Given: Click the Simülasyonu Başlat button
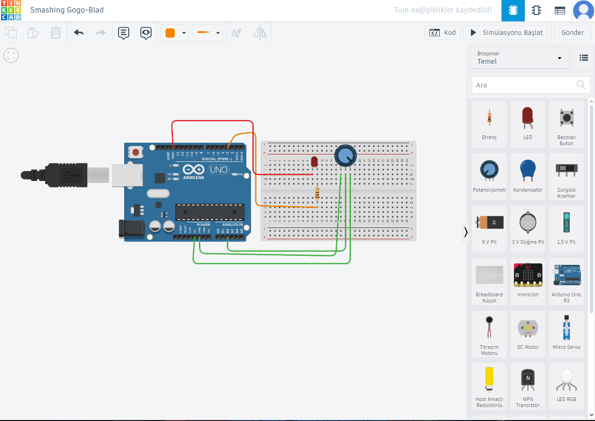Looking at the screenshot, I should point(506,33).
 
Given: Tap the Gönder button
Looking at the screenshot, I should point(572,33).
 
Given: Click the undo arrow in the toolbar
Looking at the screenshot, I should point(79,33).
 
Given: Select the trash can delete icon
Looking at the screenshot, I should point(56,33).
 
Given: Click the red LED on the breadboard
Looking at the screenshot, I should point(314,162).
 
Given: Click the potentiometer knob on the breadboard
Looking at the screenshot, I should point(345,155).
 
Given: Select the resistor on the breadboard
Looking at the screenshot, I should point(317,193).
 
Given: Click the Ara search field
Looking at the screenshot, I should point(524,85).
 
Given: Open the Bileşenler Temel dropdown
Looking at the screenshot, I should point(519,58).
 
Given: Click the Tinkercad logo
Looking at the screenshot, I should point(11,10).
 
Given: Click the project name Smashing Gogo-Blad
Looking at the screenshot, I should point(67,10).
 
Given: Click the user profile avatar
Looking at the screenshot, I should point(583,10).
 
